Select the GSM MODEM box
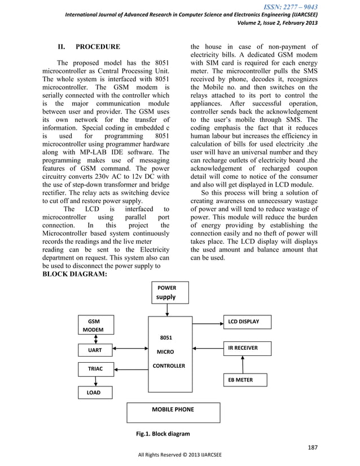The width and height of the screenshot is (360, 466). (95, 326)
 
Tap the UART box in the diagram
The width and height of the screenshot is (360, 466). (95, 350)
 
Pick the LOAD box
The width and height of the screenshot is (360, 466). (95, 392)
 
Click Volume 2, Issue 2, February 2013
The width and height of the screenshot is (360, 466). (276, 23)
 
